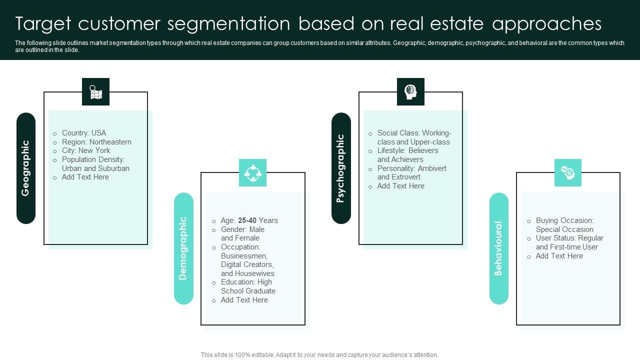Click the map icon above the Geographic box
(x=95, y=92)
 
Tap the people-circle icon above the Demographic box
(x=252, y=173)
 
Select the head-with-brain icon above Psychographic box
(x=410, y=92)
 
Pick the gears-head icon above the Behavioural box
(x=568, y=173)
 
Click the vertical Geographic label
(x=26, y=168)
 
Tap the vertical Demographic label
(x=183, y=248)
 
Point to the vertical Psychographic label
(x=341, y=168)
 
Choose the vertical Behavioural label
(x=498, y=248)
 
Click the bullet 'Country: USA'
(x=83, y=133)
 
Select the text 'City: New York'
(x=86, y=150)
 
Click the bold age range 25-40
(x=247, y=220)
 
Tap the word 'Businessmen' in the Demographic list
(x=244, y=256)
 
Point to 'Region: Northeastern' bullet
(x=96, y=142)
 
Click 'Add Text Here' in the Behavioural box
(x=559, y=256)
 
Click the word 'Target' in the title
(x=43, y=23)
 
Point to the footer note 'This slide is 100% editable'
(x=319, y=355)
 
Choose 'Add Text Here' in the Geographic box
(x=85, y=177)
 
